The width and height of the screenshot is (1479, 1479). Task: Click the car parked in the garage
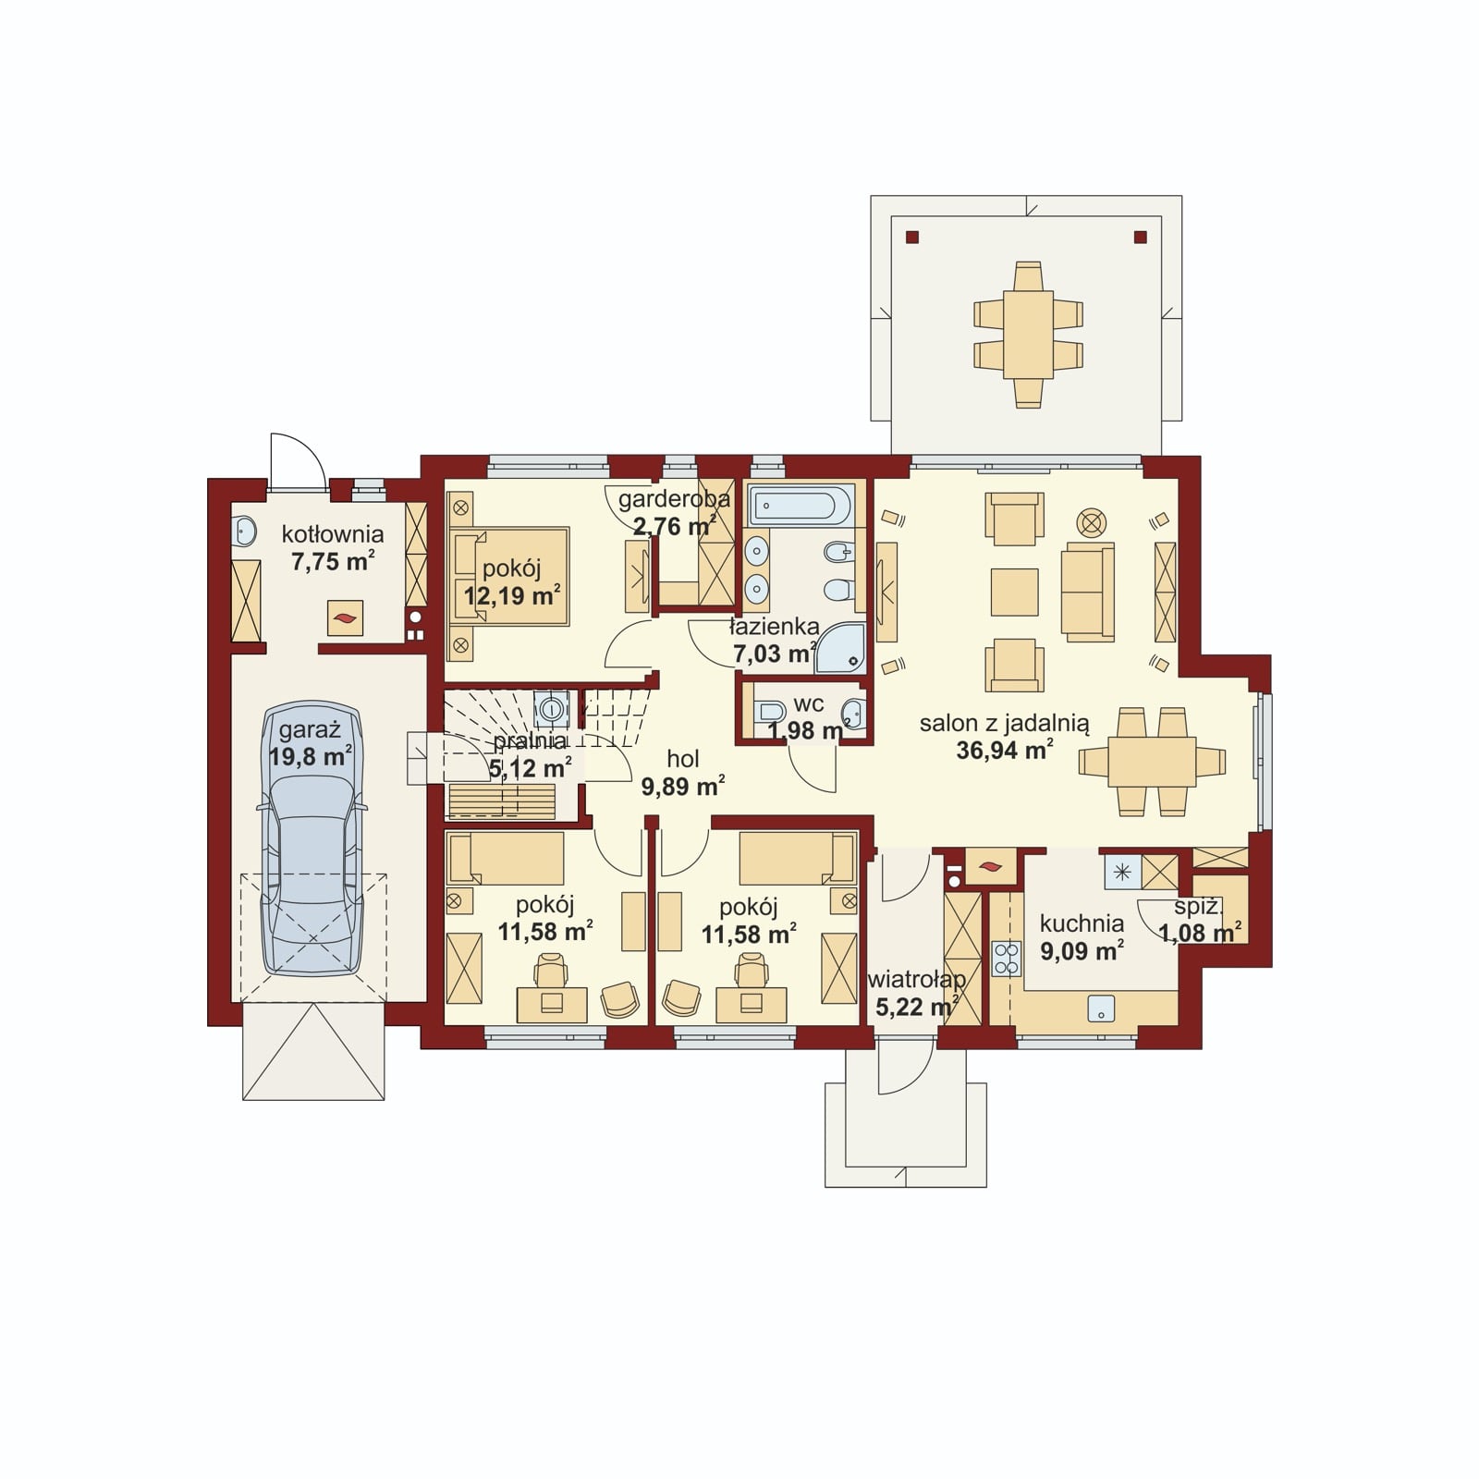tap(312, 840)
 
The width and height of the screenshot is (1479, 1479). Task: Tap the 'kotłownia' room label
tap(333, 533)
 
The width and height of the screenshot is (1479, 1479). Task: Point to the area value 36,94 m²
tap(1005, 750)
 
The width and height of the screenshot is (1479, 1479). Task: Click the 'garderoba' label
tap(674, 499)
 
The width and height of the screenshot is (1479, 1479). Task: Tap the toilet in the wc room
tap(769, 712)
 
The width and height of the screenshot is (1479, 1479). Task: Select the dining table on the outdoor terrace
tap(1028, 335)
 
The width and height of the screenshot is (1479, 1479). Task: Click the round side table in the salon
tap(1092, 523)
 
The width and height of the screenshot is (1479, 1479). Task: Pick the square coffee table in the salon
tap(1014, 592)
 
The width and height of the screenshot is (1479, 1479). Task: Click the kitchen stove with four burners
tap(1006, 959)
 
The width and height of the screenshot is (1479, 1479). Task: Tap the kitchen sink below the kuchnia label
tap(1100, 1008)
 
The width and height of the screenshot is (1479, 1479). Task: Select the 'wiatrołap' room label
tap(916, 979)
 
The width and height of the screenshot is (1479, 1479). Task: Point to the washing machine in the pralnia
tap(551, 709)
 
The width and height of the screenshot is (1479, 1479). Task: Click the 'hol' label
tap(683, 759)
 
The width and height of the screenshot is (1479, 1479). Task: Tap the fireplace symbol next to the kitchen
tap(990, 867)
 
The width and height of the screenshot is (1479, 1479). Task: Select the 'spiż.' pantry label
tap(1199, 907)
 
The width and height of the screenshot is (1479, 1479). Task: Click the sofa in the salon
tap(1088, 592)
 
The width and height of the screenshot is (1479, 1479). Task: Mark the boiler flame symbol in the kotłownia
tap(346, 618)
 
